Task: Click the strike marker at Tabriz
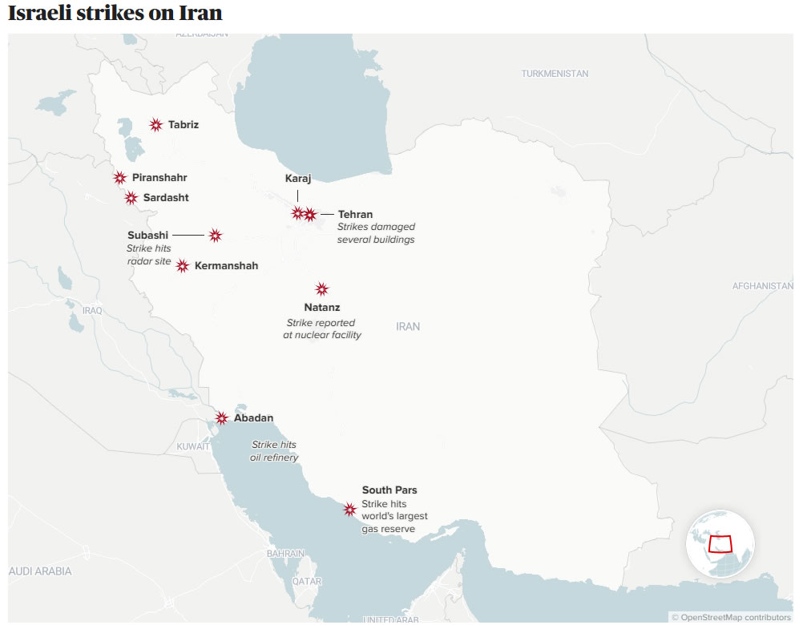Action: click(x=156, y=125)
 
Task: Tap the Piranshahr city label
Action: click(x=159, y=178)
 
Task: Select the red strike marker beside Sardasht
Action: click(x=131, y=198)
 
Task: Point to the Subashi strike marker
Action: click(x=216, y=236)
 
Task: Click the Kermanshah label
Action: click(x=226, y=266)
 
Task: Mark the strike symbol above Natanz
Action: click(x=322, y=289)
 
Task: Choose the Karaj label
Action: click(x=298, y=179)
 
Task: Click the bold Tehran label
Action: click(x=355, y=215)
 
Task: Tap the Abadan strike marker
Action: click(x=222, y=418)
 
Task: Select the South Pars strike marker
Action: click(x=349, y=510)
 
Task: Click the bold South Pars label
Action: click(x=389, y=490)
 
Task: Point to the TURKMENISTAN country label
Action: click(x=555, y=74)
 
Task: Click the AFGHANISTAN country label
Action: click(x=763, y=286)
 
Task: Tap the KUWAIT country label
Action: click(x=193, y=446)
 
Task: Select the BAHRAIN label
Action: click(x=286, y=554)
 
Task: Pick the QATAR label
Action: click(x=307, y=581)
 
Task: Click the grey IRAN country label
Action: click(x=408, y=327)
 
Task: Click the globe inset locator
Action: click(x=720, y=543)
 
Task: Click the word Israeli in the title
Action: click(x=42, y=14)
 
